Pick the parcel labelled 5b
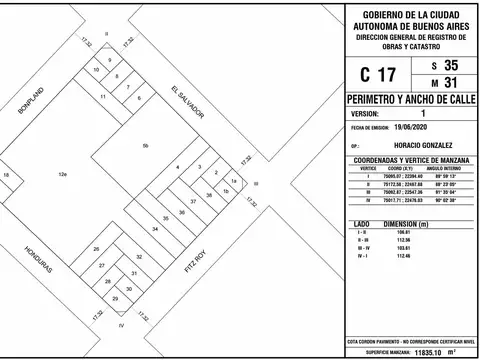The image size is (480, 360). click(145, 147)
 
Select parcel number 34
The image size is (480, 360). click(155, 229)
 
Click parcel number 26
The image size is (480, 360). click(96, 248)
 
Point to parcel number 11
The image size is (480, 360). click(103, 96)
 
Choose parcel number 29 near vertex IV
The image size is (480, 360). click(115, 299)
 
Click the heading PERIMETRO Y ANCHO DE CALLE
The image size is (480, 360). click(411, 101)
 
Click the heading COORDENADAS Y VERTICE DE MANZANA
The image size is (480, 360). click(411, 159)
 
